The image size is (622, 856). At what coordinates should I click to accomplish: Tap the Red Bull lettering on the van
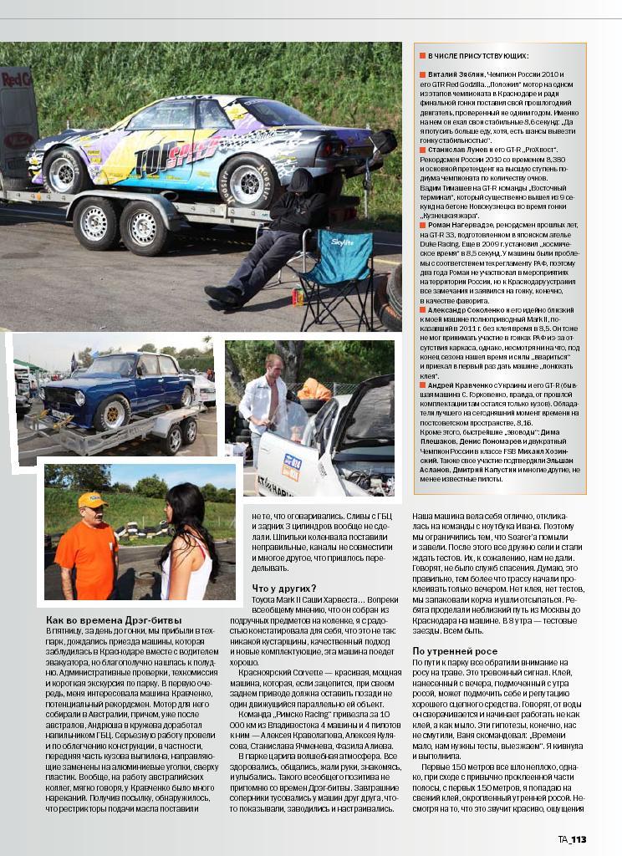(x=16, y=80)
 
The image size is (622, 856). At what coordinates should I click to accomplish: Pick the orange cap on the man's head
(x=92, y=499)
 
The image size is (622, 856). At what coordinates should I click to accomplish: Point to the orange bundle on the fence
(x=314, y=389)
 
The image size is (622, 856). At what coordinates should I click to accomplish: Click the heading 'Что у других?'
(x=283, y=588)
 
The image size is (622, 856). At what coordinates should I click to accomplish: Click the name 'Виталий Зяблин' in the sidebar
(x=451, y=75)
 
